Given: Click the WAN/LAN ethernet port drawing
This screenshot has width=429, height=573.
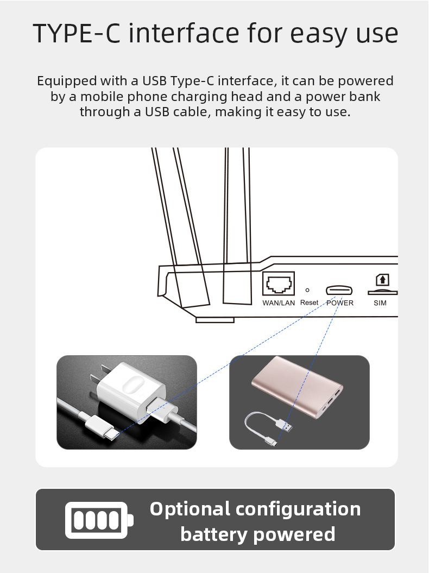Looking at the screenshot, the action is pos(279,283).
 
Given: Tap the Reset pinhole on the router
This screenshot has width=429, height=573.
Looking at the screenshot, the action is pos(307,290).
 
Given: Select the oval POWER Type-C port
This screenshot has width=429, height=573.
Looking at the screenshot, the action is pos(339,291).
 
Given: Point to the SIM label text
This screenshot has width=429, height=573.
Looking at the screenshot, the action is pos(380,303).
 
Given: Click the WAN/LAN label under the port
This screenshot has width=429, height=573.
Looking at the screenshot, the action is pos(279,303).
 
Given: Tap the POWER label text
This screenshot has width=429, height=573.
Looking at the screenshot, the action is pos(340,303).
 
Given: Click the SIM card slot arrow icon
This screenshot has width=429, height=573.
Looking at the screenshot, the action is pos(383,280).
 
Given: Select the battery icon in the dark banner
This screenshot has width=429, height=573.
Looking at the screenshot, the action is pos(99,520).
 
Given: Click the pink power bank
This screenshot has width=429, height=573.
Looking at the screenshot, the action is pos(297,387).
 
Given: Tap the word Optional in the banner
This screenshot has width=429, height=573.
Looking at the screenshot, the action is pos(190,509).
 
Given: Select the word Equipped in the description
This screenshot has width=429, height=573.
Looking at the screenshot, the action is pos(67,81).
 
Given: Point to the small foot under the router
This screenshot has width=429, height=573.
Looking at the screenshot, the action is pos(215,320).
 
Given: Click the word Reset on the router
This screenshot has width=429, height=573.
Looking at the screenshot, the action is pos(309,303).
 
